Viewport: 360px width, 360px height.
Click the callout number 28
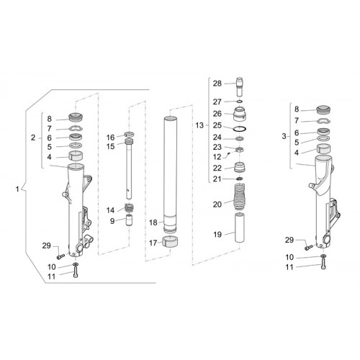tap(217, 84)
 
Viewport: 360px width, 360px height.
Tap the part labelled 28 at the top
tap(240, 86)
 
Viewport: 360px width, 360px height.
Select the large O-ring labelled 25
tap(240, 129)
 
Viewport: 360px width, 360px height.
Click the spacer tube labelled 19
tap(240, 228)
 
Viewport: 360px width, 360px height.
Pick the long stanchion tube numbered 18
tap(170, 175)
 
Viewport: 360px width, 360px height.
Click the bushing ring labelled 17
tap(170, 242)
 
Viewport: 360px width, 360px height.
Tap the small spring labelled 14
tap(129, 208)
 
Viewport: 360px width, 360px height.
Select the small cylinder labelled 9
tap(129, 220)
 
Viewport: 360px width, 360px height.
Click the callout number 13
tap(199, 125)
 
